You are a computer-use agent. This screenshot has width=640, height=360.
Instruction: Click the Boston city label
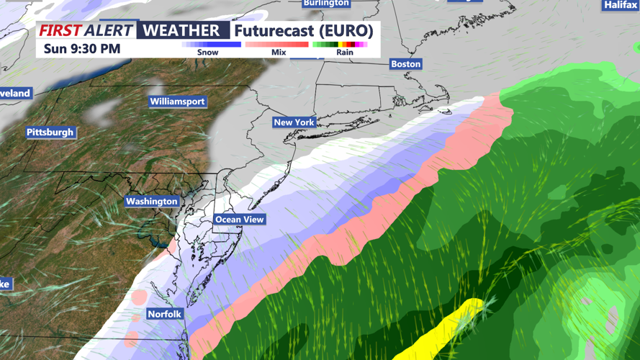pos(405,64)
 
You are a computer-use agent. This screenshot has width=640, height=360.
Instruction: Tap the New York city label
pos(294,122)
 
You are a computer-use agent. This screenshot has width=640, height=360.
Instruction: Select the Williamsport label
pos(177,102)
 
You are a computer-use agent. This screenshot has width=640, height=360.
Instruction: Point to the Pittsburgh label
pos(50,132)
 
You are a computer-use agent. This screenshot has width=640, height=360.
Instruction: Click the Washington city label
pos(151,202)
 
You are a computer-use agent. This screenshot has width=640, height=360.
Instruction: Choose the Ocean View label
pos(240,219)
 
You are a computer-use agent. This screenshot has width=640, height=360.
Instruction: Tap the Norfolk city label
pos(165,314)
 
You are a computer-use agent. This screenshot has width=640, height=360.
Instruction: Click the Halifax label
pos(621,5)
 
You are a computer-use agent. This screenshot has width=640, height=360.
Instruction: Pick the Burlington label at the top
pos(326,3)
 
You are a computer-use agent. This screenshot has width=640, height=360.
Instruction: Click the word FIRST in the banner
pos(60,30)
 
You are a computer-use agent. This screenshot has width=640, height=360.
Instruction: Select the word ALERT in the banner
pos(109,30)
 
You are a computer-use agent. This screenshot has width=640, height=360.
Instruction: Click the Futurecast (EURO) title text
pos(304,31)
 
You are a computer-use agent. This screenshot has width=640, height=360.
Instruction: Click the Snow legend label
pos(208,53)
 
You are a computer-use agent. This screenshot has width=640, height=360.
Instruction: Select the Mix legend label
pos(279,53)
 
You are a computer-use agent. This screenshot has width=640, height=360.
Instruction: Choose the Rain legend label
pos(344,53)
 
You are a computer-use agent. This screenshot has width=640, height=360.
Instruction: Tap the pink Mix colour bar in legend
pos(277,45)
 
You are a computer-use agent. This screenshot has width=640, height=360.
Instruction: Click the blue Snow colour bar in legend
pos(211,45)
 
